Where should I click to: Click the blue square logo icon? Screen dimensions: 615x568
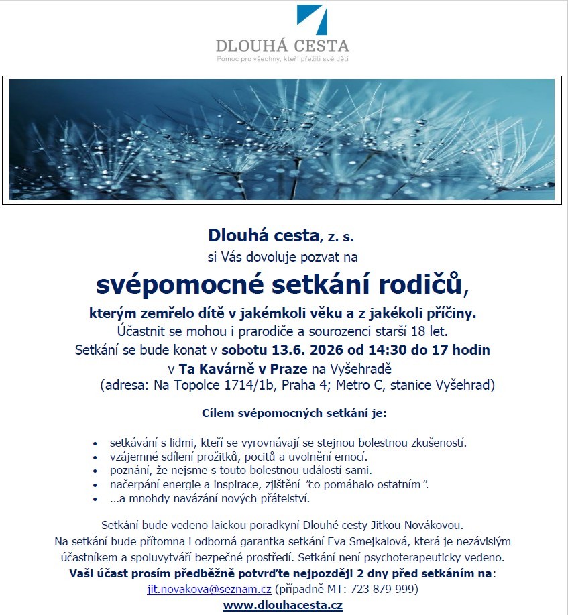313,20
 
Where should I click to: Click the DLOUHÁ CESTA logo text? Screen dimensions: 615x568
282,46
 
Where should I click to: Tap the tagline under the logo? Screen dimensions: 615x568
282,59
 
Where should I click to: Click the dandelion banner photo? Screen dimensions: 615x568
282,139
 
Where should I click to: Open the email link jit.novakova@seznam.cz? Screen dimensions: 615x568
209,589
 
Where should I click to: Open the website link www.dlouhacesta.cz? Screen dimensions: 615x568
282,606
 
